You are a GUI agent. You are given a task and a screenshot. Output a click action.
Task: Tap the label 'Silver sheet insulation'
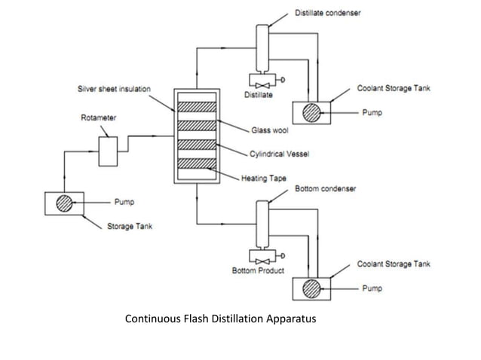coord(114,89)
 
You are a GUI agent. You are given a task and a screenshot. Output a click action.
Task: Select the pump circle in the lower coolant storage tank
coord(311,288)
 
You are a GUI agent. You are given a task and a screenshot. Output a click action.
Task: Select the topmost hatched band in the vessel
coord(196,106)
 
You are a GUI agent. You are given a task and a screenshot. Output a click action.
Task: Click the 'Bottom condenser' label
coord(326,188)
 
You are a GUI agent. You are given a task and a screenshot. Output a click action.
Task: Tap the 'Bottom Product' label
coord(258,270)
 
